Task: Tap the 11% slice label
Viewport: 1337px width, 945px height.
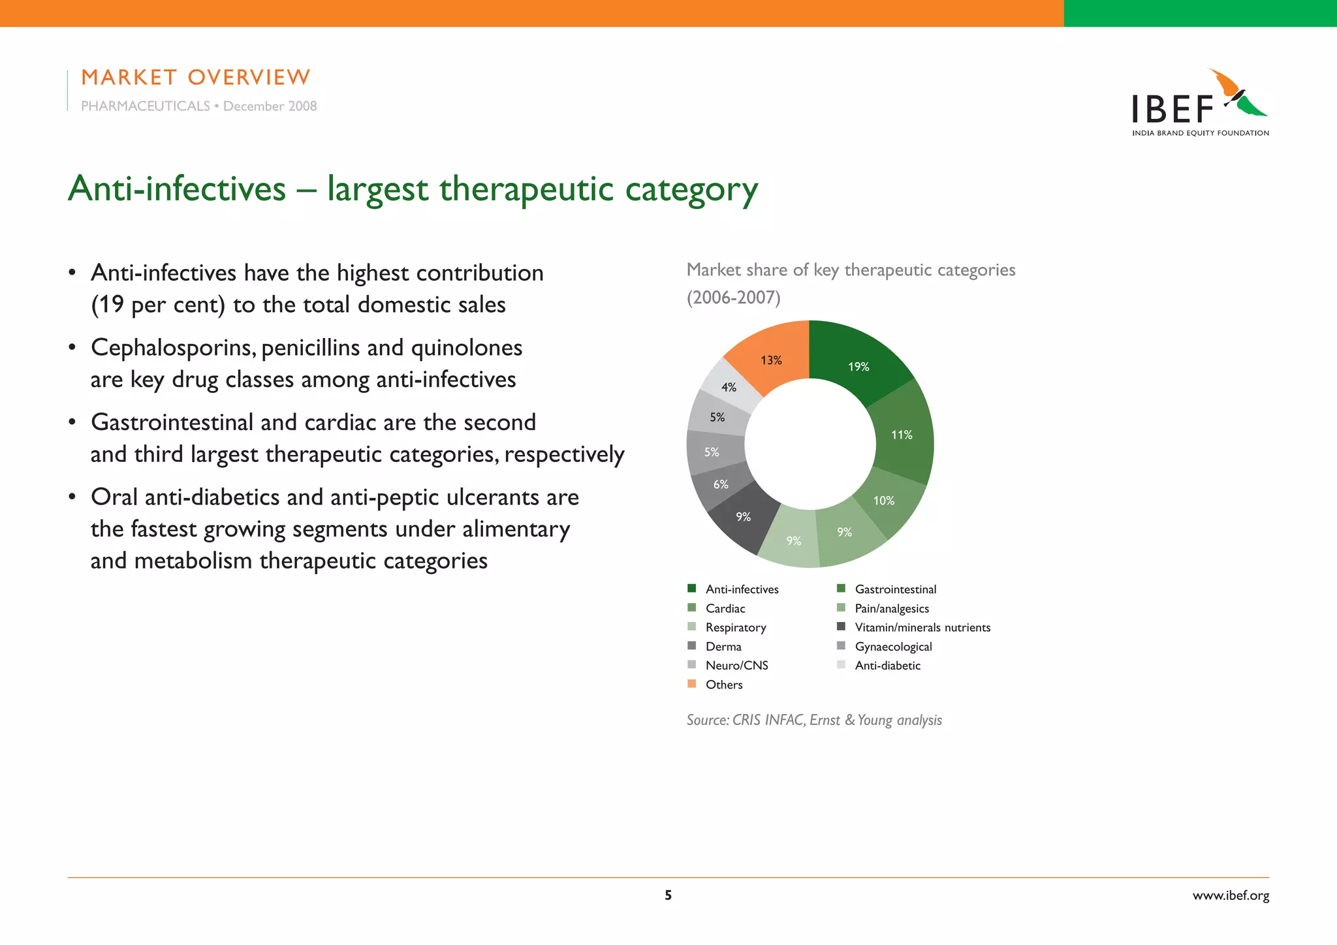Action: click(902, 435)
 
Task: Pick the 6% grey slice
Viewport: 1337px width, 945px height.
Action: click(720, 484)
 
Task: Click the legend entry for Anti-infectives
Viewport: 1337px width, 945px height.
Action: click(742, 589)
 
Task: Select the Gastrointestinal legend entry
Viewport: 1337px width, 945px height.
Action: click(895, 589)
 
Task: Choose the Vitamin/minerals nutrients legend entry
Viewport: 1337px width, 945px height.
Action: click(922, 627)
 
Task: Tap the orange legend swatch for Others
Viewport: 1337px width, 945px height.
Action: click(692, 684)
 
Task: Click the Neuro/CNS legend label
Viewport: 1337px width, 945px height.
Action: click(736, 666)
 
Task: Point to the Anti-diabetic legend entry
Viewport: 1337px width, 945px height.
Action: click(887, 666)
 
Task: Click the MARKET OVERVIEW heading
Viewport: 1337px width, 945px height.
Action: click(195, 78)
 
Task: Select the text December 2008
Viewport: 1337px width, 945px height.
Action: click(270, 106)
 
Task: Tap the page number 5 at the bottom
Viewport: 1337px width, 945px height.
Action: click(668, 895)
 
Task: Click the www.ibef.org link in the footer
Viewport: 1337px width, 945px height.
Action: click(1231, 895)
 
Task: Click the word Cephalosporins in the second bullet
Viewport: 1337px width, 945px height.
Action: click(172, 348)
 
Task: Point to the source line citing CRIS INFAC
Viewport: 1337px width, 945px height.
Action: click(814, 720)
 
